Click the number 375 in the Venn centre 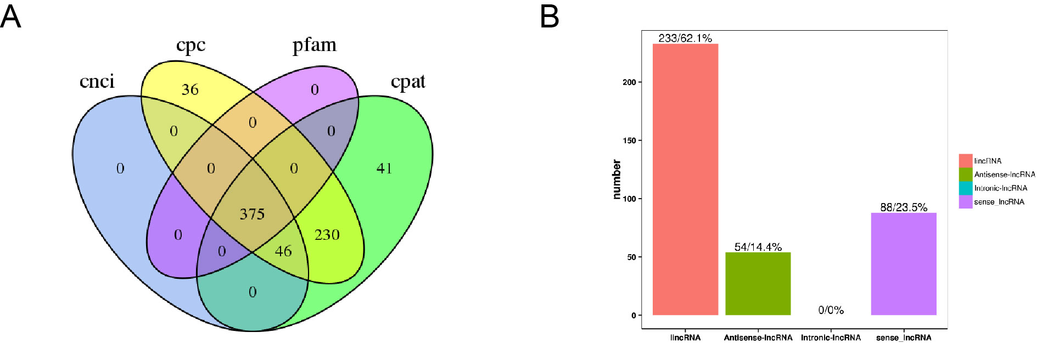[x=252, y=214]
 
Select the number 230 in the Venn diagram [x=327, y=235]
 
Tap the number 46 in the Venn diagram [x=283, y=251]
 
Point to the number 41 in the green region [x=384, y=168]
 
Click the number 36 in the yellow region [x=190, y=89]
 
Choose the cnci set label [x=97, y=81]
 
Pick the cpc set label [x=190, y=45]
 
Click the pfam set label [x=314, y=44]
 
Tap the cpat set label [x=408, y=81]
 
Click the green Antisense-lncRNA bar [x=758, y=284]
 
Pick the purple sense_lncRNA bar [x=903, y=264]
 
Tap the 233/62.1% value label [x=685, y=38]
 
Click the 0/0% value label [x=831, y=310]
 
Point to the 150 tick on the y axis [x=629, y=140]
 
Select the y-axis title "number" [x=617, y=179]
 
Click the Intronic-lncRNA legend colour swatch [x=965, y=188]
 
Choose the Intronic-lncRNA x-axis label [x=831, y=337]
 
